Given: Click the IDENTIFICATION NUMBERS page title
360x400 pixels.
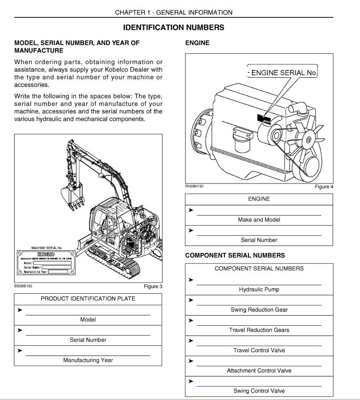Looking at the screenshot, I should pyautogui.click(x=173, y=28).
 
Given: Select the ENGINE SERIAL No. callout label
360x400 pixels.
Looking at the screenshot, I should pyautogui.click(x=285, y=73).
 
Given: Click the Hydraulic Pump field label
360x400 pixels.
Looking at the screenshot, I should pyautogui.click(x=259, y=290).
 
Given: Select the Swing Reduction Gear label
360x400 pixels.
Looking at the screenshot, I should pyautogui.click(x=259, y=310).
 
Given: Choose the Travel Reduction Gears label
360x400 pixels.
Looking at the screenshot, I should pyautogui.click(x=259, y=330).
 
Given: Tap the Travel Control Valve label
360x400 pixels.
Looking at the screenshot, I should pyautogui.click(x=259, y=350).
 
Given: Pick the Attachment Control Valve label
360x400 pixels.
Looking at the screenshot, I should pyautogui.click(x=259, y=371).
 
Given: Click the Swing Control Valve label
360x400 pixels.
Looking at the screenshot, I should pyautogui.click(x=259, y=391).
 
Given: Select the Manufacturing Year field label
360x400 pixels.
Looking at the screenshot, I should pyautogui.click(x=88, y=360).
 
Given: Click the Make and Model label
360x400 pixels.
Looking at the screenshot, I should pyautogui.click(x=259, y=220).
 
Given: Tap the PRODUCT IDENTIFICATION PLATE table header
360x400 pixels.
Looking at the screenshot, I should pyautogui.click(x=88, y=299).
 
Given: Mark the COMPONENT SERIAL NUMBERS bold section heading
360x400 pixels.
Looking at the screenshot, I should pyautogui.click(x=235, y=256).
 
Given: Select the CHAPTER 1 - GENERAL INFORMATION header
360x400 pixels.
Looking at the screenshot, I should pyautogui.click(x=173, y=12).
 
